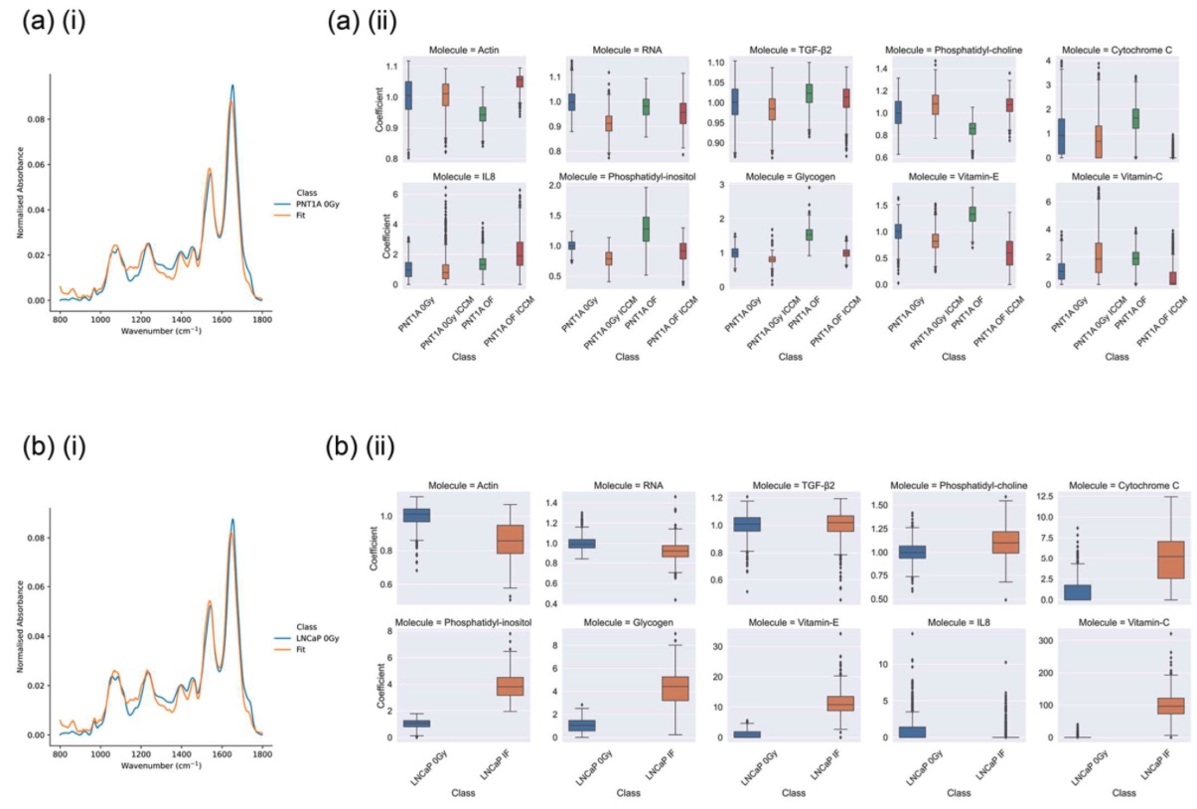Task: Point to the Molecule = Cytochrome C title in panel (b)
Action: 1123,484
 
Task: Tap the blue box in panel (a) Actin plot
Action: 407,95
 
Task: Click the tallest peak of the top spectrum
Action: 232,86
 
